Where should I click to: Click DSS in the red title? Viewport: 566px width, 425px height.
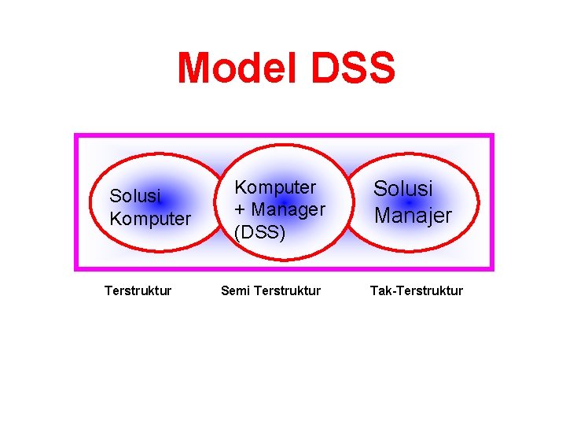[352, 68]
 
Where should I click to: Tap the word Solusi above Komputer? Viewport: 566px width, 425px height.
[135, 196]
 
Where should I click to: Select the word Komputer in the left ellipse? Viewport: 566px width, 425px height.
[150, 219]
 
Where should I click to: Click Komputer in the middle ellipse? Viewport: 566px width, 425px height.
[275, 187]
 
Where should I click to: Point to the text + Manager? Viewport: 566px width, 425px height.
[280, 210]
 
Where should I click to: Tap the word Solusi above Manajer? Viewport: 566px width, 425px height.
[402, 189]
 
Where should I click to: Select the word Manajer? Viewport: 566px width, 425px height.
[413, 215]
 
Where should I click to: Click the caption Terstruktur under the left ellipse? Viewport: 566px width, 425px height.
[138, 291]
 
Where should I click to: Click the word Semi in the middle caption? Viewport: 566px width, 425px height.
[235, 291]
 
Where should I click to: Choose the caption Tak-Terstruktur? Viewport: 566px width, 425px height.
[417, 291]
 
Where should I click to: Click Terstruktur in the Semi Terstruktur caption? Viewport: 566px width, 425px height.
[287, 291]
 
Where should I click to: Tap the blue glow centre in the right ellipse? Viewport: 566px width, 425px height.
[410, 202]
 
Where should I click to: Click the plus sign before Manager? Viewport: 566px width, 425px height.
[240, 211]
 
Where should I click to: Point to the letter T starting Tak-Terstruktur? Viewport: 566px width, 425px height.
[374, 291]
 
